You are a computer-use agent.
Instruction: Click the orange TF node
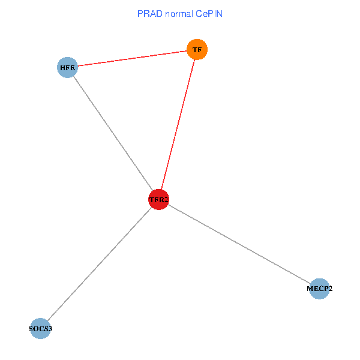[x=197, y=49]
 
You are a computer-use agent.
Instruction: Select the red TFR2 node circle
[x=158, y=199]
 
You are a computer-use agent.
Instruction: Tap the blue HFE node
[x=67, y=68]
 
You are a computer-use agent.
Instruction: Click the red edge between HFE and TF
[x=132, y=58]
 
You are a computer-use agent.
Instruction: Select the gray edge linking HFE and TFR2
[x=113, y=133]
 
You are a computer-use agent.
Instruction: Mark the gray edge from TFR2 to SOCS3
[x=99, y=264]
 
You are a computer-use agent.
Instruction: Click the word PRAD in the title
[x=148, y=13]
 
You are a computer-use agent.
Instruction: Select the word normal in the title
[x=176, y=13]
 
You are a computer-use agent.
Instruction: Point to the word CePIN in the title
[x=208, y=13]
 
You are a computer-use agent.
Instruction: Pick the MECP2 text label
[x=319, y=289]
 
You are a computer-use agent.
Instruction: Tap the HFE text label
[x=67, y=68]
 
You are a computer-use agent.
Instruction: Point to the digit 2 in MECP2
[x=330, y=289]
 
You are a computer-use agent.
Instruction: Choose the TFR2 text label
[x=158, y=200]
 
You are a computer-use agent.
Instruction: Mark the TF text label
[x=197, y=50]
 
